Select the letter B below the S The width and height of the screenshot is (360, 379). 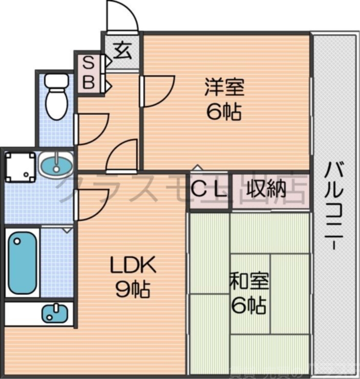[89, 82]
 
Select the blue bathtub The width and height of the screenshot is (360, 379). [22, 262]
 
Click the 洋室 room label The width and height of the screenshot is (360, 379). [224, 87]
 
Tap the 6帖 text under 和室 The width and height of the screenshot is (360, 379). [248, 305]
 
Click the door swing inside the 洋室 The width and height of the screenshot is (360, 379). [159, 92]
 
